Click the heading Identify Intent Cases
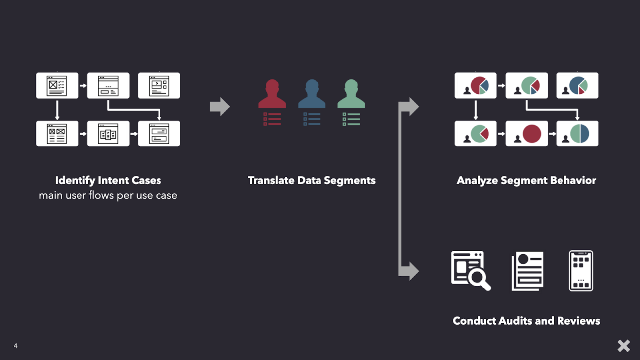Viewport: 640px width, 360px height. [x=108, y=180]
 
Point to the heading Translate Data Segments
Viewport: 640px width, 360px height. [x=312, y=180]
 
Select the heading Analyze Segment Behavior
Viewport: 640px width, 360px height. [x=526, y=180]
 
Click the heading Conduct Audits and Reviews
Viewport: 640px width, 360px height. [x=526, y=321]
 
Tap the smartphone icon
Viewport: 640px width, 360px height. [x=581, y=271]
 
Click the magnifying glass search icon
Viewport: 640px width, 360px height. [x=471, y=271]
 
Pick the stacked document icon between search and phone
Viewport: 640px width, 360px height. [x=527, y=271]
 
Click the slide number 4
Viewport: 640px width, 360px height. [x=16, y=346]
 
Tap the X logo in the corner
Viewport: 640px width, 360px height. [x=623, y=345]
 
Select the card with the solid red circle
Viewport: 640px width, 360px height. [x=527, y=134]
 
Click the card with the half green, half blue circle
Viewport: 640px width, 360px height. [x=577, y=134]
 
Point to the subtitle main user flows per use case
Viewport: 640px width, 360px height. [x=108, y=195]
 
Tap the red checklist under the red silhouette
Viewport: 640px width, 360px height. [x=272, y=119]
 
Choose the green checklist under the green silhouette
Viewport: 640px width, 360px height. [x=351, y=119]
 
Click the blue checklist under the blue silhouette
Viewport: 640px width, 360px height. [x=312, y=119]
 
